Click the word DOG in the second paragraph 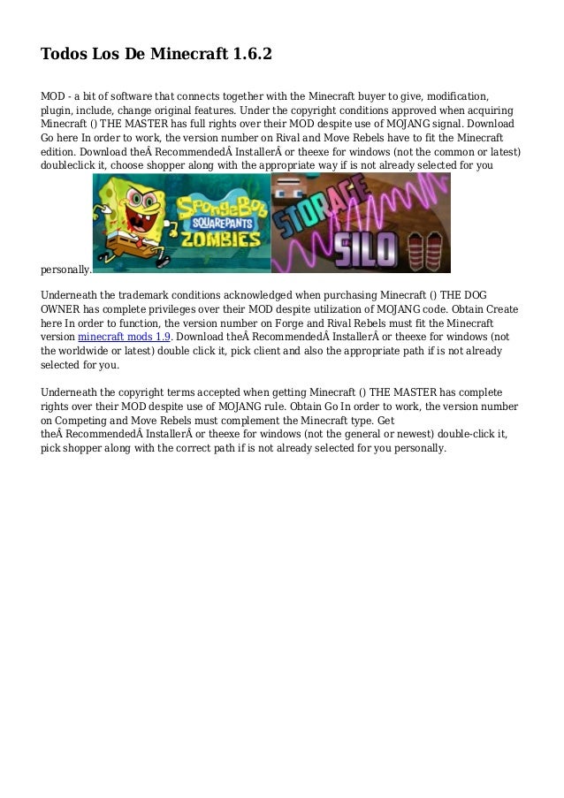[476, 294]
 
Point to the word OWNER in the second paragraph [62, 308]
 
